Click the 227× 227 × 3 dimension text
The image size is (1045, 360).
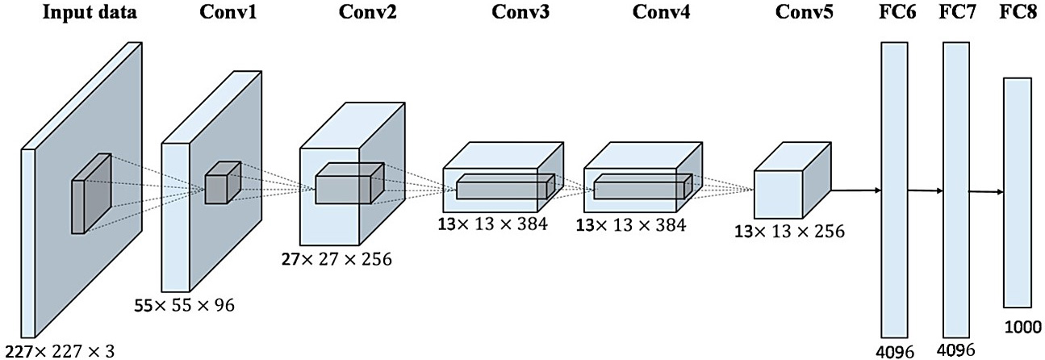click(x=61, y=351)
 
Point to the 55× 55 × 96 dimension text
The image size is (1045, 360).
click(x=184, y=305)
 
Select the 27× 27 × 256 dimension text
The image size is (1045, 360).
click(x=336, y=259)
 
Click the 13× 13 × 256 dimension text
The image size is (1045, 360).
click(x=789, y=231)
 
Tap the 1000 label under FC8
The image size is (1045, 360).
click(x=1022, y=328)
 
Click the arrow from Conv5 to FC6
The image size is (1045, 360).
click(x=855, y=190)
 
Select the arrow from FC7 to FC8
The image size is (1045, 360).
click(x=986, y=191)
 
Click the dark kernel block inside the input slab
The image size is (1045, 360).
click(x=91, y=193)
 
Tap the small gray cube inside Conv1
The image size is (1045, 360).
click(x=223, y=182)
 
